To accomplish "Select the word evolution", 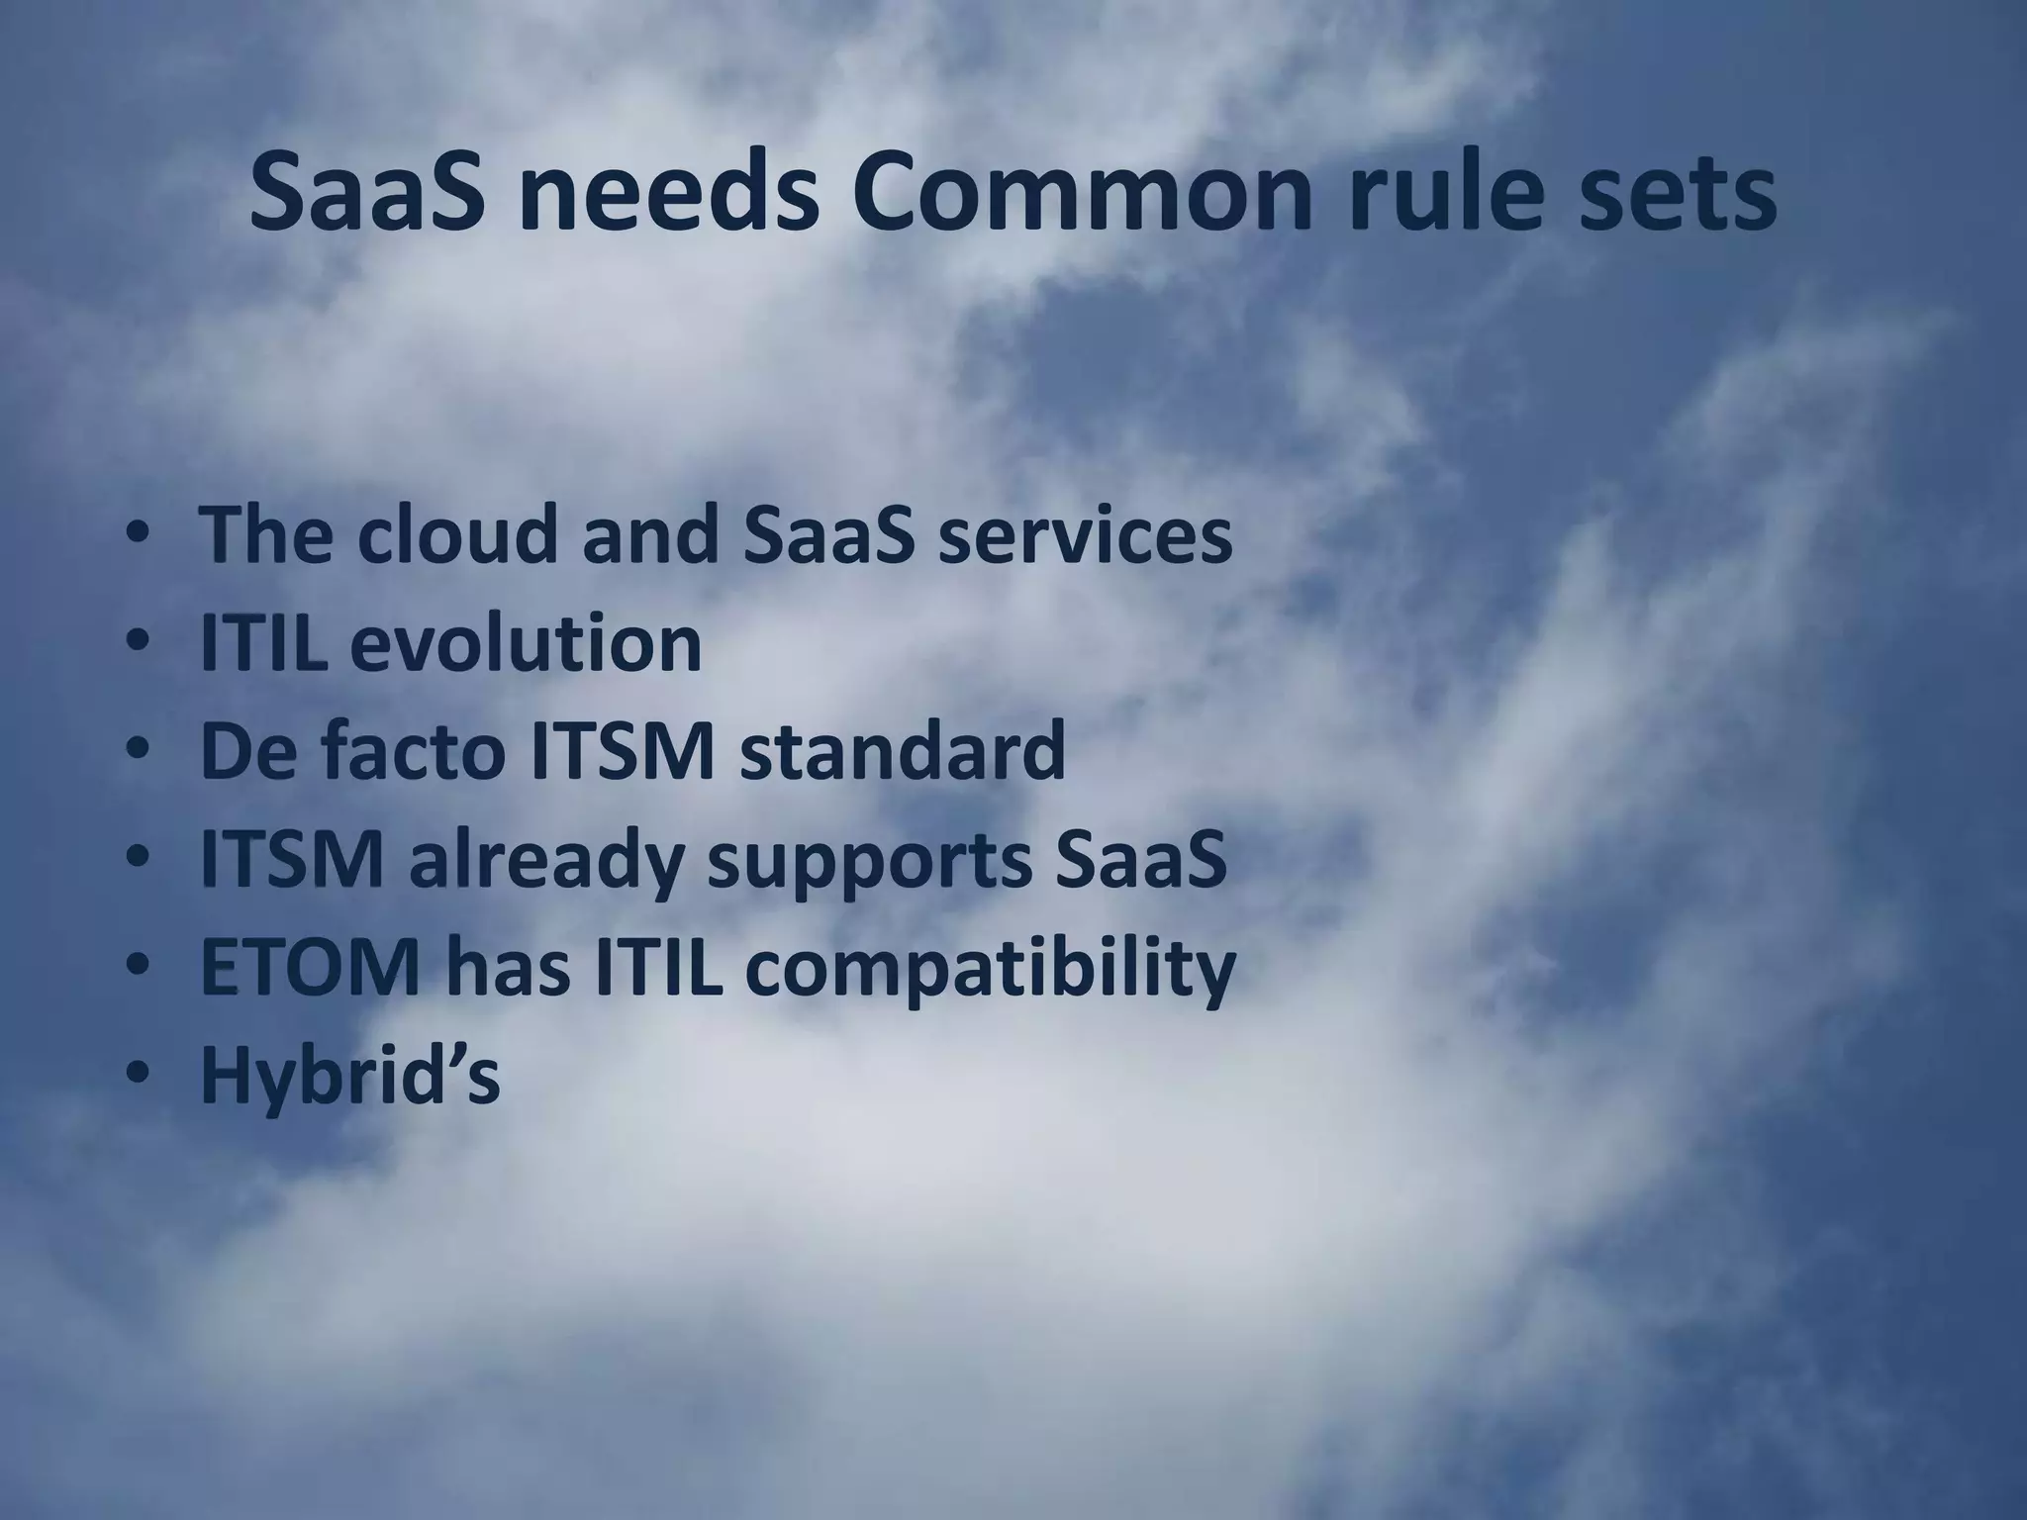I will click(526, 644).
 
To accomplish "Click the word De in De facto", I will click(241, 751).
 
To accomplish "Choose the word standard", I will click(901, 751).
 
